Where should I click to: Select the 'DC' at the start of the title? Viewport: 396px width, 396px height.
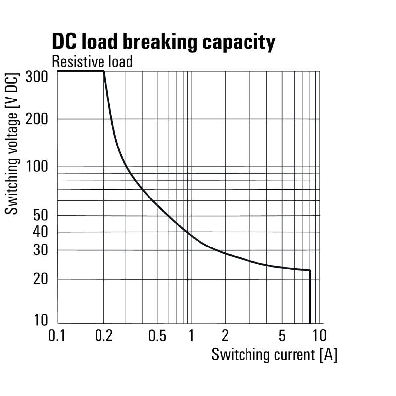[64, 42]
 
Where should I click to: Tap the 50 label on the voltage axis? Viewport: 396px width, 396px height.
[40, 215]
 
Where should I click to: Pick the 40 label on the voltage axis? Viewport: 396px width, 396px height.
[40, 232]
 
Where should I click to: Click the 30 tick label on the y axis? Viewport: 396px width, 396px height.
[40, 250]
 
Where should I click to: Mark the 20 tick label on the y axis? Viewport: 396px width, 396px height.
[40, 279]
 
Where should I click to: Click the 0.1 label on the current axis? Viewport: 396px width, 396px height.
[58, 336]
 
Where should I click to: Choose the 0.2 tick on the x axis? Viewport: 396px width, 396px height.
[103, 336]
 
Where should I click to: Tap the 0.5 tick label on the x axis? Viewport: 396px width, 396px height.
[157, 336]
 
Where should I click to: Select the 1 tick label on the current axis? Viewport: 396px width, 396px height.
[191, 336]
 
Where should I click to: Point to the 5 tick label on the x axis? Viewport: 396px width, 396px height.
[282, 336]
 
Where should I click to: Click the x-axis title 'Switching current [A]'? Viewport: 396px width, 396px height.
[274, 355]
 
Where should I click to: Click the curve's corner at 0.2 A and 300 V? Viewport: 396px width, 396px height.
[104, 72]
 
